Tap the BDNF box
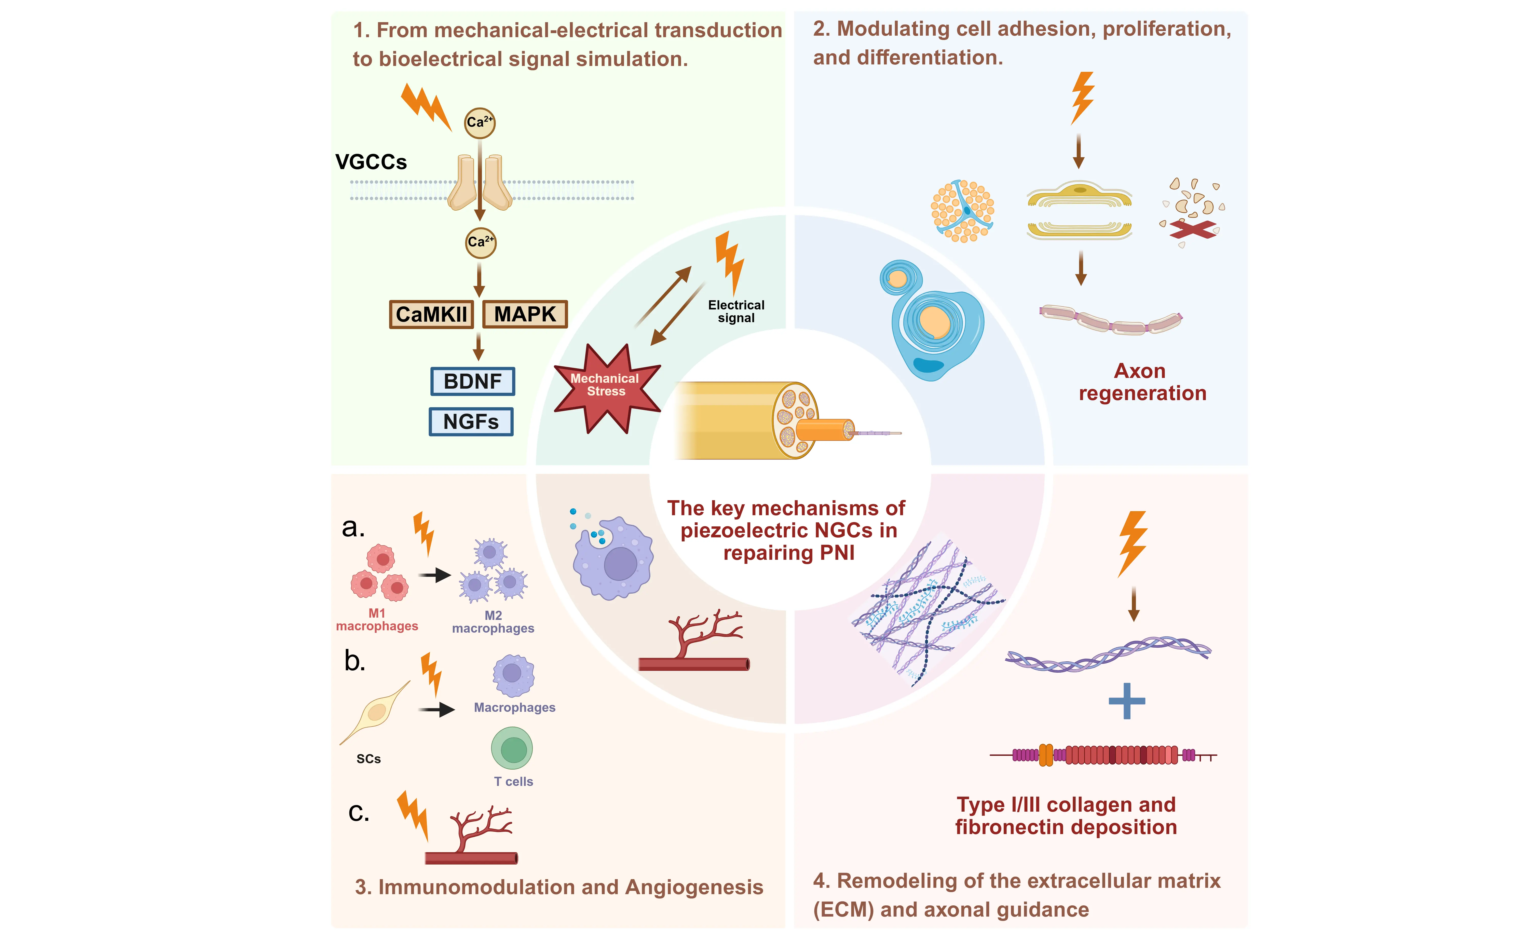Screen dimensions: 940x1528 click(472, 381)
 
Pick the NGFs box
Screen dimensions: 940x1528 click(471, 421)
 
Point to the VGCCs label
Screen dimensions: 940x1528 click(371, 162)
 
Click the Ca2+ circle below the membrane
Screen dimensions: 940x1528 click(481, 242)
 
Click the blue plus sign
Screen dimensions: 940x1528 click(1126, 701)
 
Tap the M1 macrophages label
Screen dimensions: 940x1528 click(377, 620)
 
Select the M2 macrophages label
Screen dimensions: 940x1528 click(493, 622)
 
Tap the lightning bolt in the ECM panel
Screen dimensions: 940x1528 click(1133, 543)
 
